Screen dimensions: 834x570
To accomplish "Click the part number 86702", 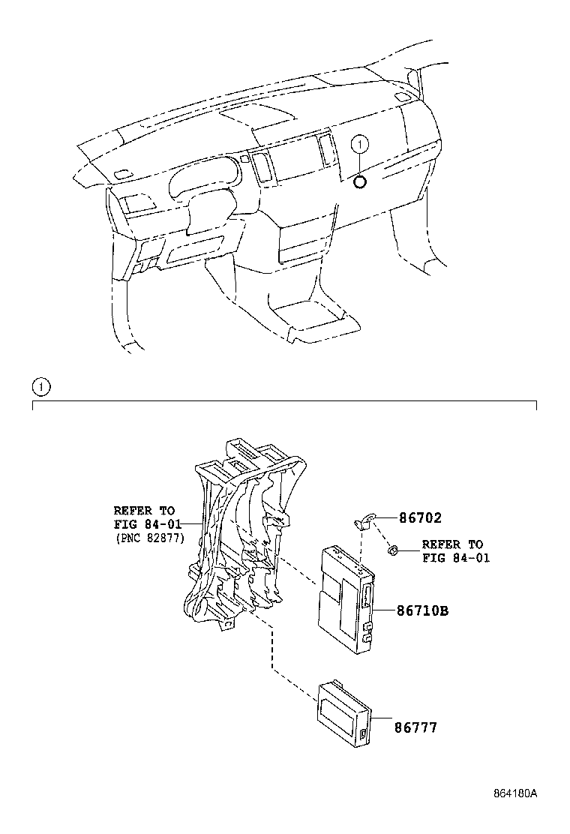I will (420, 518).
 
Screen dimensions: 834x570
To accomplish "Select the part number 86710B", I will (423, 611).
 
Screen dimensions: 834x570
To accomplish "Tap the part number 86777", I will (417, 727).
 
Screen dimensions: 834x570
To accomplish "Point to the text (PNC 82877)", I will (150, 538).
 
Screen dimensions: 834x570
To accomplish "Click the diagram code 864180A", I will (515, 793).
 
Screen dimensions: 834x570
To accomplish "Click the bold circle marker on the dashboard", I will (360, 181).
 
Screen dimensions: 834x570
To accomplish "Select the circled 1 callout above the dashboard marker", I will (360, 143).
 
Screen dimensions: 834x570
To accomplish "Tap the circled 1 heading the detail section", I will (40, 387).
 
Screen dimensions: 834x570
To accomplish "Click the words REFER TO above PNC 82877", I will (144, 510).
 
